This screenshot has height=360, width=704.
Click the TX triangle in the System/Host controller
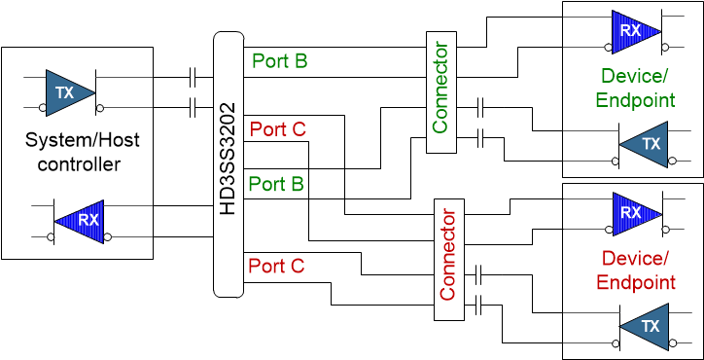(x=68, y=92)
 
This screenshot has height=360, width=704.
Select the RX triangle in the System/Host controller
(x=82, y=221)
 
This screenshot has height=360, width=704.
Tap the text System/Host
(x=82, y=140)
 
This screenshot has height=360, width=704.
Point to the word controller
(x=79, y=163)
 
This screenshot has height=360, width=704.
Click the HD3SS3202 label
(x=228, y=163)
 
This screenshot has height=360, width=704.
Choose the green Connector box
(x=440, y=91)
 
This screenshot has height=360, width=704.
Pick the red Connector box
(x=448, y=259)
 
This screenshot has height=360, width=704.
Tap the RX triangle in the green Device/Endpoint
(x=634, y=30)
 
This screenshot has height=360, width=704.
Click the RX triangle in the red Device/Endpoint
(x=634, y=212)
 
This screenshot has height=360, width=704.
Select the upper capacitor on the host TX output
(x=194, y=76)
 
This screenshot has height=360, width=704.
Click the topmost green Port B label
(x=280, y=60)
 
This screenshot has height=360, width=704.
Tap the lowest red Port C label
(x=277, y=265)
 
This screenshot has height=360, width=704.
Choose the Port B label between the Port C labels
(x=277, y=183)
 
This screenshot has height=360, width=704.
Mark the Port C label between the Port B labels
(x=278, y=128)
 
